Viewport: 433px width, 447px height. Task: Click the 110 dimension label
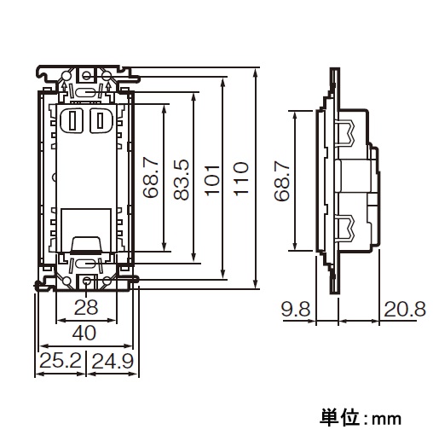(x=240, y=179)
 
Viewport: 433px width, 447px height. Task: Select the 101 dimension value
(x=213, y=180)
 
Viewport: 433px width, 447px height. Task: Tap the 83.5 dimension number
(x=182, y=179)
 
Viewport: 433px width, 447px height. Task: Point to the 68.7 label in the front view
(x=150, y=178)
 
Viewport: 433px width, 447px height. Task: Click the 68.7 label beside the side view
(x=282, y=182)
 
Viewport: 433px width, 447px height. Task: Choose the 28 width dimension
(x=86, y=307)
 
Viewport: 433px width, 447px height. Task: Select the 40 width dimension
(x=84, y=333)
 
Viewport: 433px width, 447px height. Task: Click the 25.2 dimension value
(x=61, y=360)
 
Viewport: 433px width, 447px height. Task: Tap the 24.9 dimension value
(x=113, y=361)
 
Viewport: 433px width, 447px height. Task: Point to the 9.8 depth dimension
(x=296, y=309)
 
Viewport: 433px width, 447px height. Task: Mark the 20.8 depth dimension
(x=405, y=309)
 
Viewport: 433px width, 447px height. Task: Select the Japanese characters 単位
(x=339, y=417)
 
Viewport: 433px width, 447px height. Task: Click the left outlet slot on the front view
(x=72, y=120)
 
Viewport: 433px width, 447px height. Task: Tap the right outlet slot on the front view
(x=100, y=120)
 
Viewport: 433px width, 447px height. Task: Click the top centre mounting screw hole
(x=86, y=76)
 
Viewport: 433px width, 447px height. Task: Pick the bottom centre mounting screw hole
(x=87, y=282)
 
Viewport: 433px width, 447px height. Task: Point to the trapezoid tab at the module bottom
(x=86, y=245)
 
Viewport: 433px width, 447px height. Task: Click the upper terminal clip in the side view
(x=347, y=132)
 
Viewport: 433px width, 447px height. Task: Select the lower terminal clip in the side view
(x=347, y=228)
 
